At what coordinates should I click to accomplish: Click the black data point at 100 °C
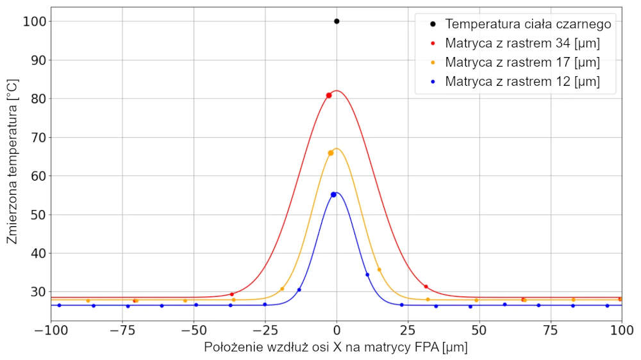point(337,21)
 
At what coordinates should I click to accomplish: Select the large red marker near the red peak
point(329,95)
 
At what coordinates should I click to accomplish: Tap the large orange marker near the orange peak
point(331,153)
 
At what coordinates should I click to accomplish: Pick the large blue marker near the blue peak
point(333,195)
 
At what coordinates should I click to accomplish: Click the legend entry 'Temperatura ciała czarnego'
point(528,24)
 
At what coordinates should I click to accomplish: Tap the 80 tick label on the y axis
point(36,99)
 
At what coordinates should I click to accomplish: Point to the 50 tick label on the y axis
point(36,215)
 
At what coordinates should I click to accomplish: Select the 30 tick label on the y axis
point(36,292)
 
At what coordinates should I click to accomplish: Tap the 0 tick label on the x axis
point(337,331)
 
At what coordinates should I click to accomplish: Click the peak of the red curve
point(337,90)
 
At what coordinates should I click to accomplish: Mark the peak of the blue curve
point(337,192)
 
